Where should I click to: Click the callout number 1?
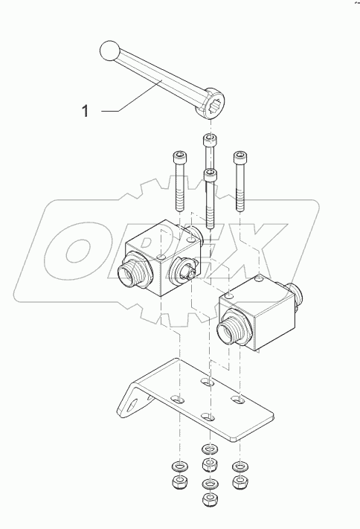point(86,112)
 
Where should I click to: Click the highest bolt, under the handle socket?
point(209,149)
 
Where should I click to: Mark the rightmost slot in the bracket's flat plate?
point(239,401)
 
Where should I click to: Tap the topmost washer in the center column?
point(209,449)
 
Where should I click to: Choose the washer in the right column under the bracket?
point(239,466)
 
